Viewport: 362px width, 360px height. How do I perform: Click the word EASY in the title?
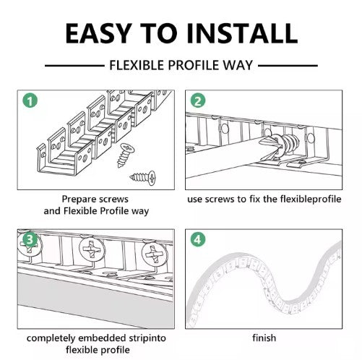pyautogui.click(x=99, y=33)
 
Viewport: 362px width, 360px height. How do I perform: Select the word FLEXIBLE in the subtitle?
pyautogui.click(x=137, y=65)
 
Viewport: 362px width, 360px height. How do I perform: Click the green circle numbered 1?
pyautogui.click(x=30, y=100)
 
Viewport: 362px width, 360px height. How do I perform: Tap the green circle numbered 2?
pyautogui.click(x=198, y=100)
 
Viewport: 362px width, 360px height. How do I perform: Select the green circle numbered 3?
pyautogui.click(x=30, y=240)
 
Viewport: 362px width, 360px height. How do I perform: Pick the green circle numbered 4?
pyautogui.click(x=198, y=240)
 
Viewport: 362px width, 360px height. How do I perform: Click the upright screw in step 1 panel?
pyautogui.click(x=126, y=155)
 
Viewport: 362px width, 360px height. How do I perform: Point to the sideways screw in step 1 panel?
pyautogui.click(x=142, y=178)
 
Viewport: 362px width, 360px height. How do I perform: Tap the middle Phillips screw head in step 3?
pyautogui.click(x=92, y=249)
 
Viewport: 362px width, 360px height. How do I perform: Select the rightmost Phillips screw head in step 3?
pyautogui.click(x=154, y=254)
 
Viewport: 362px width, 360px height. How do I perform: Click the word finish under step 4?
pyautogui.click(x=264, y=338)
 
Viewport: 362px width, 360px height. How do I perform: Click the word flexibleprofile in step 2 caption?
pyautogui.click(x=311, y=199)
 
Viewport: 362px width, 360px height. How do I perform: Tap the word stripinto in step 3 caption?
pyautogui.click(x=147, y=338)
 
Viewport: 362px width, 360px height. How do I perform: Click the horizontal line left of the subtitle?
pyautogui.click(x=74, y=66)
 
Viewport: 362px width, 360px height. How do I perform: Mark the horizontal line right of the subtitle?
pyautogui.click(x=288, y=66)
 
